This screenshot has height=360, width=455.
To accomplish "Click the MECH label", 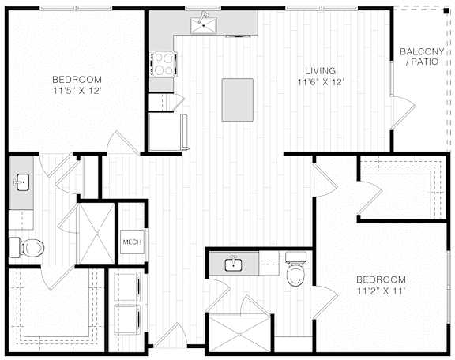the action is pyautogui.click(x=132, y=242).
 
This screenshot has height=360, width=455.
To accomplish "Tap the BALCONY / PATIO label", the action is pyautogui.click(x=422, y=57).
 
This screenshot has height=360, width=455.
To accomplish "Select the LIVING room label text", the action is pyautogui.click(x=321, y=71).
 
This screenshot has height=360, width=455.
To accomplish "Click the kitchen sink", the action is pyautogui.click(x=204, y=25).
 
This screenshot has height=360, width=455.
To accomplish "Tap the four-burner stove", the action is pyautogui.click(x=163, y=64).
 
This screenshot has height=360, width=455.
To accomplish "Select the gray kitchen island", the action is pyautogui.click(x=237, y=99).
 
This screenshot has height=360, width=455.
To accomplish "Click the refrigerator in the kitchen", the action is pyautogui.click(x=168, y=132).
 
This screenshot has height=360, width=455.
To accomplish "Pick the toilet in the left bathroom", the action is pyautogui.click(x=27, y=247).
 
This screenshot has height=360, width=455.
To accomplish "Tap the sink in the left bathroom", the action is pyautogui.click(x=22, y=182).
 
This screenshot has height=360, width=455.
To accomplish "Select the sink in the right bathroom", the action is pyautogui.click(x=234, y=264).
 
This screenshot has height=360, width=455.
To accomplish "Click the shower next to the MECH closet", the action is pyautogui.click(x=97, y=234).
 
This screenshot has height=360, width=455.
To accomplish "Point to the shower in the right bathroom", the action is pyautogui.click(x=239, y=334).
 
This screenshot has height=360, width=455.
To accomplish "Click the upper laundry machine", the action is pyautogui.click(x=127, y=287).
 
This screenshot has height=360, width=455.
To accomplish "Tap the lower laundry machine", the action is pyautogui.click(x=127, y=320).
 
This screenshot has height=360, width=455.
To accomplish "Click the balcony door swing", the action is pyautogui.click(x=403, y=113).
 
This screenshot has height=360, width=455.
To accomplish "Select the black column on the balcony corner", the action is pyautogui.click(x=446, y=11).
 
